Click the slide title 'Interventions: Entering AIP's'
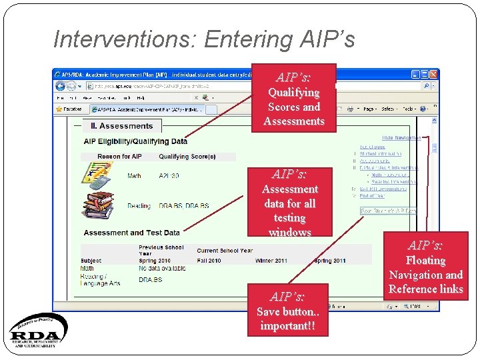(x=203, y=39)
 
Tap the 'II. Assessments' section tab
(x=121, y=126)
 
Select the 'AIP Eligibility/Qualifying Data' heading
(x=135, y=141)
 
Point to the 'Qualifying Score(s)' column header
(x=187, y=157)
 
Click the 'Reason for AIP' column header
(x=119, y=157)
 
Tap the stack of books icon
(x=99, y=205)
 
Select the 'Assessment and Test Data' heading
(x=132, y=233)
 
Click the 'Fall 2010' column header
(x=209, y=261)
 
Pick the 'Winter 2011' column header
(x=272, y=261)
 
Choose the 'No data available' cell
(x=162, y=269)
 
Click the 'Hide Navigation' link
(x=401, y=138)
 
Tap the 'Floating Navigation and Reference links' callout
(x=425, y=267)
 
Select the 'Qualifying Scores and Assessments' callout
(x=293, y=99)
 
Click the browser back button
(x=61, y=86)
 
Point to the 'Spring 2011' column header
(x=331, y=261)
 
